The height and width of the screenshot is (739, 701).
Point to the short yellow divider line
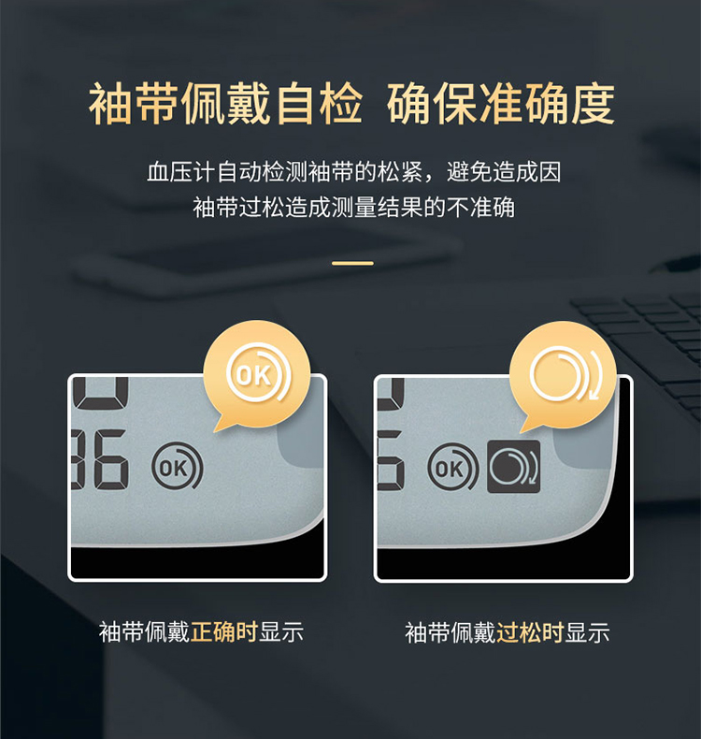(x=352, y=263)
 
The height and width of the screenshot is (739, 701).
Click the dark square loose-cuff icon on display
(x=514, y=466)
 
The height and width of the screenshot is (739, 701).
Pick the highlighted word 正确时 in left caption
(x=224, y=631)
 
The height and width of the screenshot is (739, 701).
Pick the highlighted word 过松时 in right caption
(x=530, y=632)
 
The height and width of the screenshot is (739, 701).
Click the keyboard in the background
(x=645, y=337)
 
